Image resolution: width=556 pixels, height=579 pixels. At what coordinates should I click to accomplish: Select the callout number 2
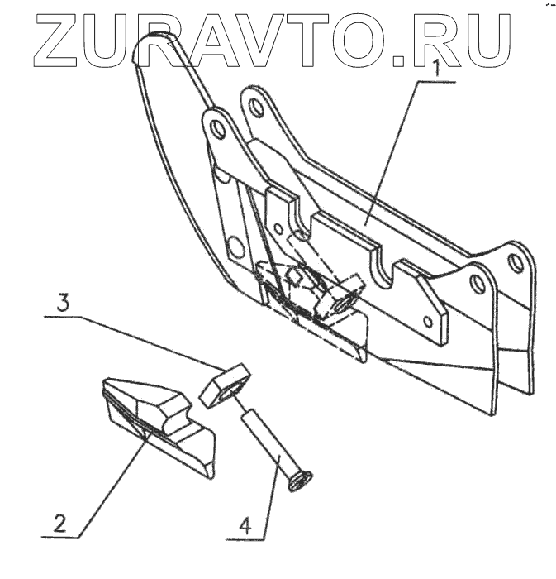coord(57,523)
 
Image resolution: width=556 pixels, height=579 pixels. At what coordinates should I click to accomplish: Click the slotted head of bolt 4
coord(299,481)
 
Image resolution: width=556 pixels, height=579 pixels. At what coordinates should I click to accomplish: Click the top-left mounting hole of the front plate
coord(216,130)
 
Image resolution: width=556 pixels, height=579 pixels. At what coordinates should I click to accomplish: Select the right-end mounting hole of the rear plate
coord(516,263)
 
